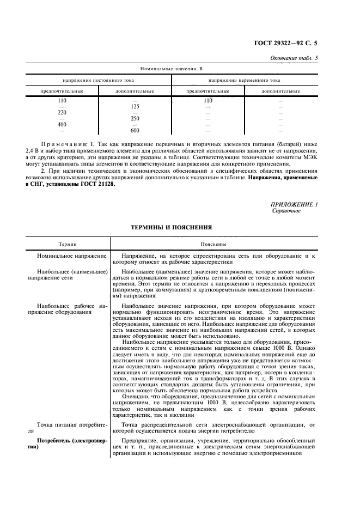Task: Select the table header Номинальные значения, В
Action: pos(171,69)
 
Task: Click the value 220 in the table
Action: pos(62,113)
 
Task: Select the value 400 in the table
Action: pos(62,125)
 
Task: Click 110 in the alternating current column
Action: pos(208,101)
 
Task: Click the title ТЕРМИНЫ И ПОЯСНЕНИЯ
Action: pos(171,226)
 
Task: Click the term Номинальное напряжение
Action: pos(64,255)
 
